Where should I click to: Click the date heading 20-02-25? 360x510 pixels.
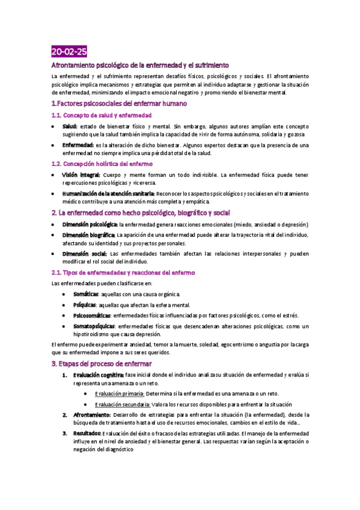(69, 51)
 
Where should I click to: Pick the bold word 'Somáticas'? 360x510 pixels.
(87, 294)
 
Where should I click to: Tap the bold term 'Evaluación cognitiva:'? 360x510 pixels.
(98, 375)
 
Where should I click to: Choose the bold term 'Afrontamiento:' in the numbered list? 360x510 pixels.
(92, 415)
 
